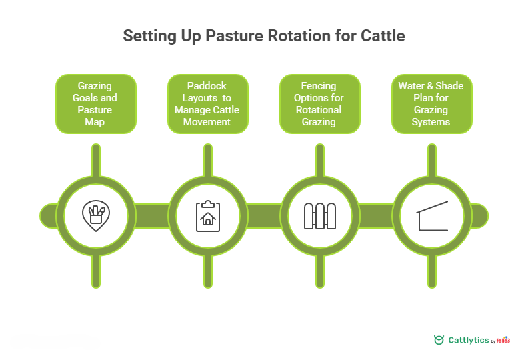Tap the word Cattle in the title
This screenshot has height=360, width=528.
tap(379, 36)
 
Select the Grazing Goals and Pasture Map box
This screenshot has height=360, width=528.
tap(95, 104)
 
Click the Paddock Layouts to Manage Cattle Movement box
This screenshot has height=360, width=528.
tap(207, 104)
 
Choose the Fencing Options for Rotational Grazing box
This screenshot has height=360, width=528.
tap(319, 104)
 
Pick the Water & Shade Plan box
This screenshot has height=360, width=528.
tap(431, 104)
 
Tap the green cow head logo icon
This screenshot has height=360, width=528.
tap(439, 340)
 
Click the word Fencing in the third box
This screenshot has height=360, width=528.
tap(319, 86)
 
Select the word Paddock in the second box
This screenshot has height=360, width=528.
tap(207, 86)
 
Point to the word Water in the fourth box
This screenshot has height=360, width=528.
tap(412, 86)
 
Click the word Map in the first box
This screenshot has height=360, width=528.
tap(95, 122)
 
